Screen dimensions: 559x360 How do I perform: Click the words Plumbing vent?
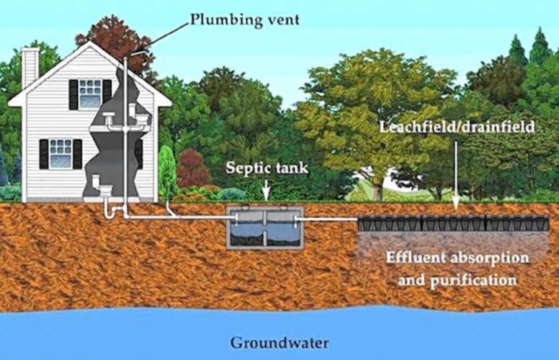pyautogui.click(x=244, y=19)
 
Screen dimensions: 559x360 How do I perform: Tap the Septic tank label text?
pyautogui.click(x=267, y=170)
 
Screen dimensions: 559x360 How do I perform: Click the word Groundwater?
pyautogui.click(x=279, y=342)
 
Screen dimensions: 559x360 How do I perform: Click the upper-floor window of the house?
pyautogui.click(x=90, y=93)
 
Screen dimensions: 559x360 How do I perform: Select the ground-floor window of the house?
pyautogui.click(x=61, y=153)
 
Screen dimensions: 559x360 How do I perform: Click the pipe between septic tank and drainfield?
pyautogui.click(x=328, y=219)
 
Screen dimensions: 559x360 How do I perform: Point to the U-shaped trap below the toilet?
pyautogui.click(x=110, y=211)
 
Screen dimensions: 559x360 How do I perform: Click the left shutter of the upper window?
pyautogui.click(x=73, y=93)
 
